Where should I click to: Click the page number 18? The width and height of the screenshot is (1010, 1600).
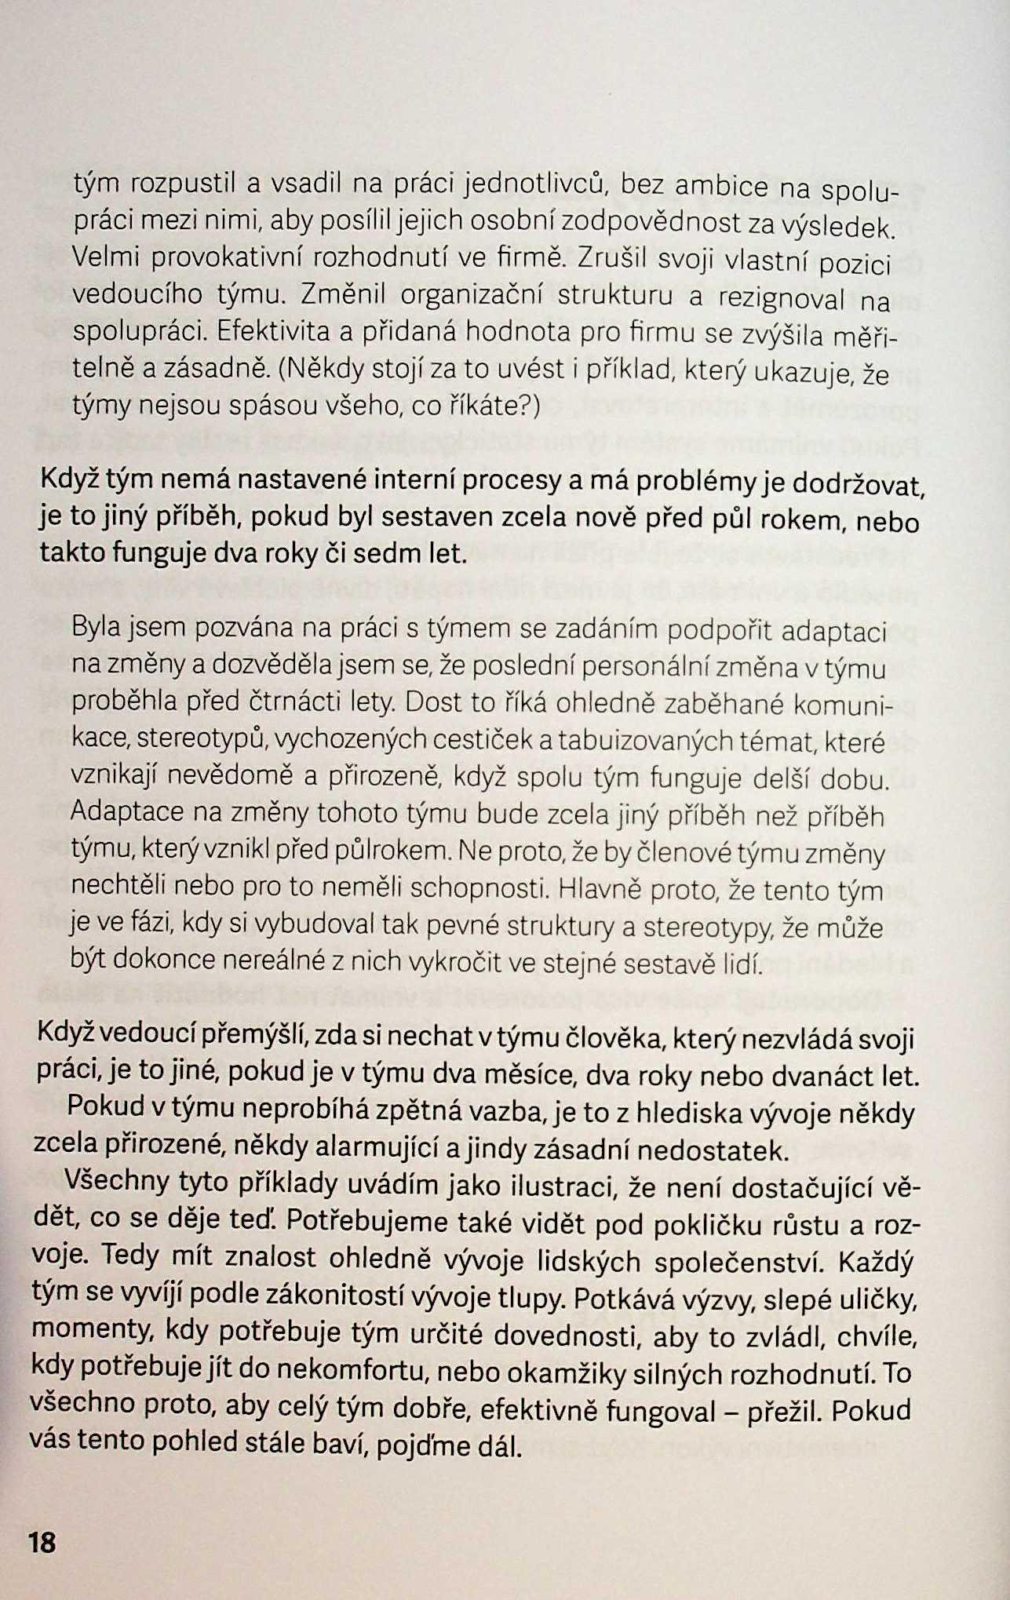pos(42,1542)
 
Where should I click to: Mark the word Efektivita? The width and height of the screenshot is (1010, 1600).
pos(272,331)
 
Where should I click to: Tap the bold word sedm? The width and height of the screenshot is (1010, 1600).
pos(389,554)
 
